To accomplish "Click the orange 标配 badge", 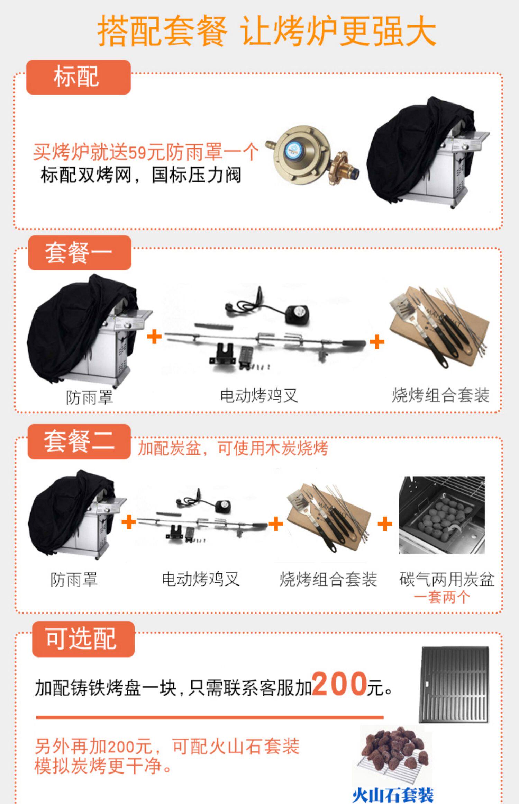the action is (x=78, y=77).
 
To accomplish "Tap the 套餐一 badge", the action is (x=80, y=253).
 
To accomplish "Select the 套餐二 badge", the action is (x=79, y=441).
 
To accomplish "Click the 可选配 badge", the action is (x=83, y=639).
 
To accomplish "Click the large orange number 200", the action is (x=339, y=683).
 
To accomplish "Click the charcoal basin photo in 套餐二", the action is (x=441, y=515).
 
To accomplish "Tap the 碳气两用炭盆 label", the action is (x=446, y=579).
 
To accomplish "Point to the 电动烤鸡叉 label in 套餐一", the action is (x=259, y=395).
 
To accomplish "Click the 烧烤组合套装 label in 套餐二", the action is (x=328, y=579).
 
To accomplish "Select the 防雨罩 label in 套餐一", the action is (x=89, y=397).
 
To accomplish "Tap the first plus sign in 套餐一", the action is (x=154, y=337).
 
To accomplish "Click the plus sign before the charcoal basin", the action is (x=385, y=524).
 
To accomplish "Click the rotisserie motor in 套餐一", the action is (x=297, y=314).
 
